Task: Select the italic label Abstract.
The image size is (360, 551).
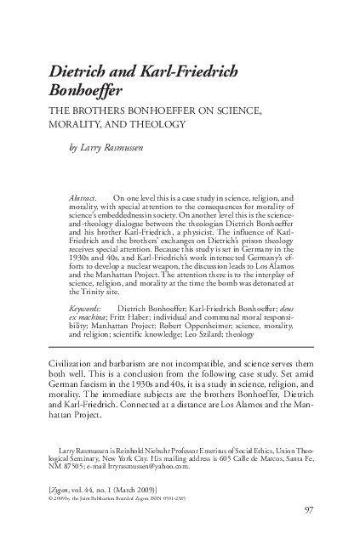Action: pyautogui.click(x=83, y=196)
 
